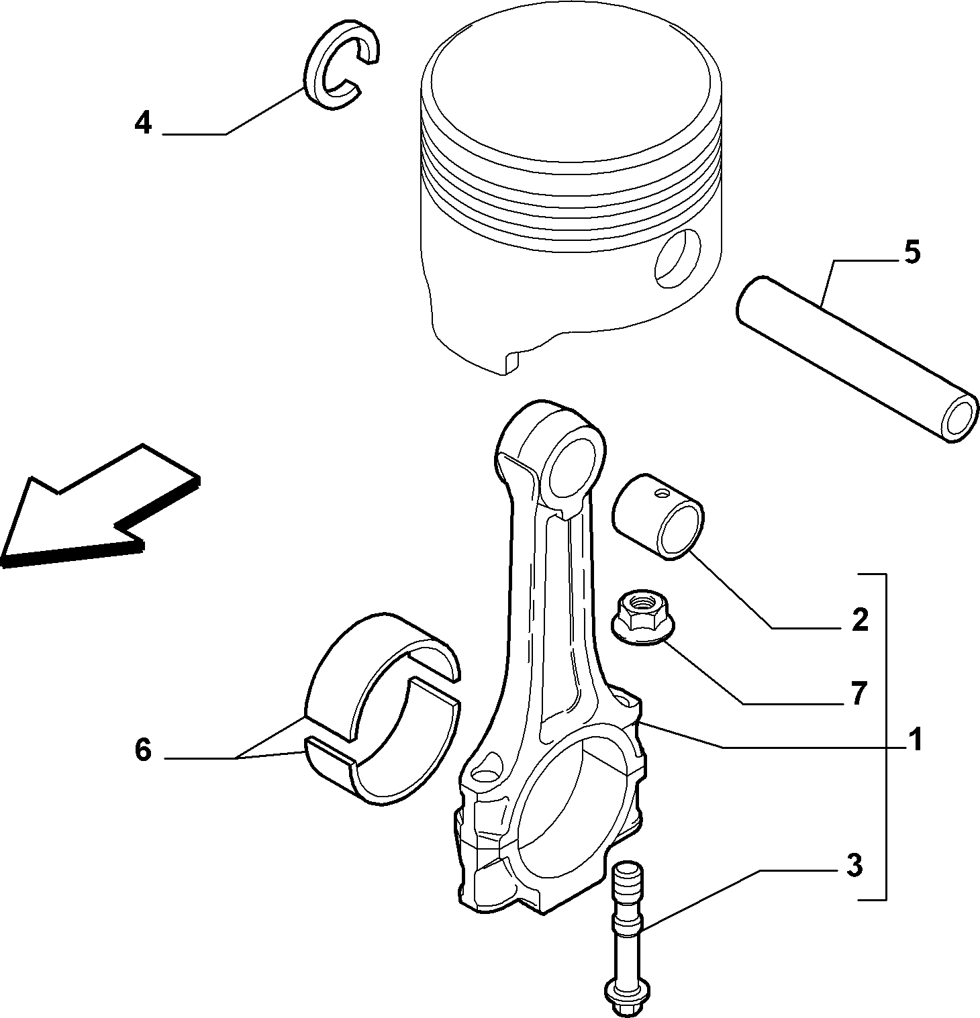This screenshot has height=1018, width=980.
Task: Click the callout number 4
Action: [143, 123]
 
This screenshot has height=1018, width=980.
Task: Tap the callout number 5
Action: [912, 252]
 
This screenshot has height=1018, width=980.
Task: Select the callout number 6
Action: [143, 750]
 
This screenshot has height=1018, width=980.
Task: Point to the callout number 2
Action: [860, 619]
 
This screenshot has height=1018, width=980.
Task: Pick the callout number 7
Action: [860, 693]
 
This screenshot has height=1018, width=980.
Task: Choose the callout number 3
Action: [854, 866]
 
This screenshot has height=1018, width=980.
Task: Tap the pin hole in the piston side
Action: [679, 258]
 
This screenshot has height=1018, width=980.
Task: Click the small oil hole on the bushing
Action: [663, 495]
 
